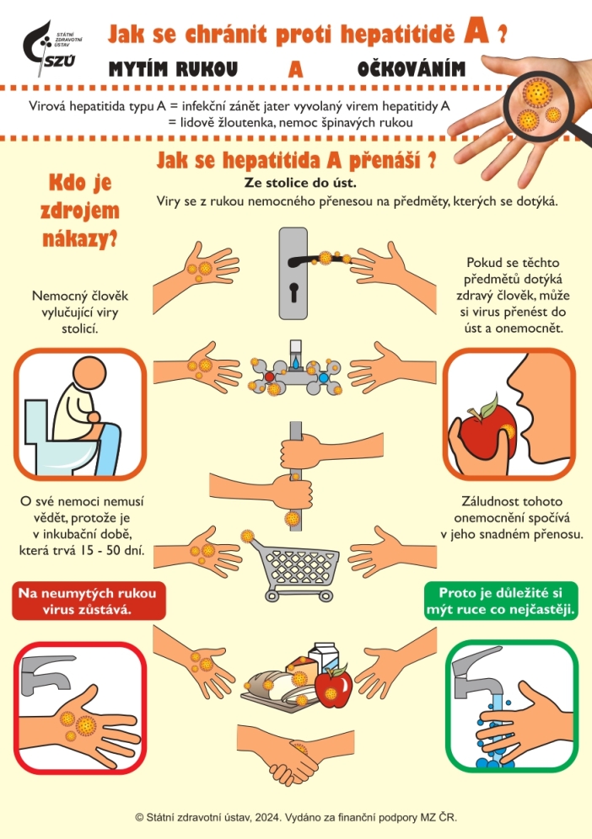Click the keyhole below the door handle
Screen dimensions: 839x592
click(x=294, y=294)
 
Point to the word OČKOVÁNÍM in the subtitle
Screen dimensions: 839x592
click(x=412, y=69)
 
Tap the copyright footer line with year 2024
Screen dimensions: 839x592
click(x=295, y=817)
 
